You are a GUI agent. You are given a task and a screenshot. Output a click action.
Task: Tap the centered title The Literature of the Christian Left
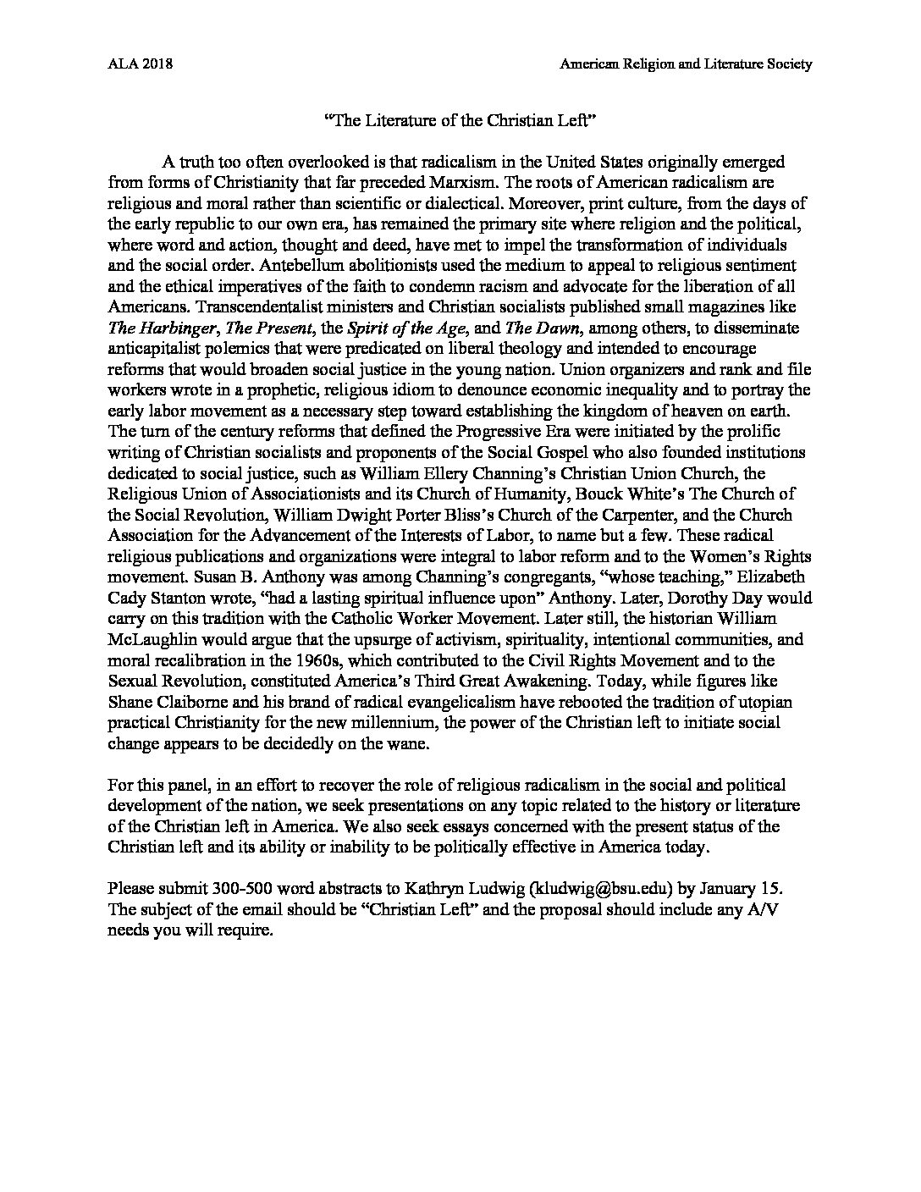pos(461,121)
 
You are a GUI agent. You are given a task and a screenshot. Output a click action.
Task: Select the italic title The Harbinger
pos(160,328)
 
